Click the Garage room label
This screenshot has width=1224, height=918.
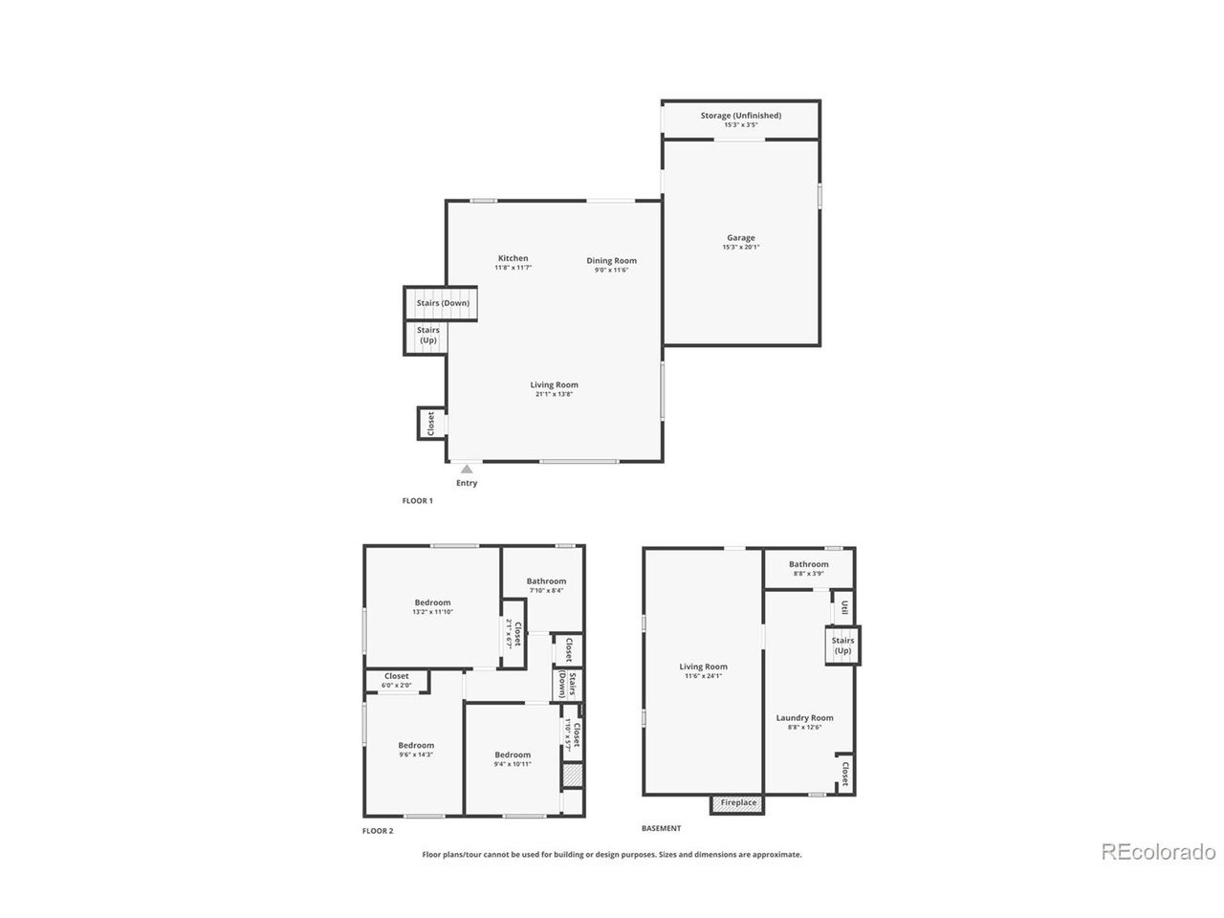(740, 238)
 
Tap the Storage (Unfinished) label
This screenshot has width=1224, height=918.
(740, 116)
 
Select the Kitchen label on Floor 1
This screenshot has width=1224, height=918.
(513, 258)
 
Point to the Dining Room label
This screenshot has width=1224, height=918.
(611, 261)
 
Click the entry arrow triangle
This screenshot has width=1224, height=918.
(467, 469)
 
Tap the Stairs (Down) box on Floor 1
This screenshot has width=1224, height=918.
(442, 303)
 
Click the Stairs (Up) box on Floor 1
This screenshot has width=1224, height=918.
(427, 335)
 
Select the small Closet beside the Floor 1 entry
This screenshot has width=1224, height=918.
(430, 424)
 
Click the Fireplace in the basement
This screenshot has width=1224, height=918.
(738, 803)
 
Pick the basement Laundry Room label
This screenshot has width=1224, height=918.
(804, 718)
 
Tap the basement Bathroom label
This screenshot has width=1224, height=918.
(809, 564)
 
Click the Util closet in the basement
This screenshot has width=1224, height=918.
(844, 608)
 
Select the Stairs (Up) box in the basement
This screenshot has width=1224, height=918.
(842, 645)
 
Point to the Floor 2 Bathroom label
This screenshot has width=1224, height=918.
(546, 581)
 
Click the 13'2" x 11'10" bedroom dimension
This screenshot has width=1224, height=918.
(432, 612)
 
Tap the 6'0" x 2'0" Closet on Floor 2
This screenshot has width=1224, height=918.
(396, 685)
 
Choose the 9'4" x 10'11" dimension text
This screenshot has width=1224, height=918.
(513, 764)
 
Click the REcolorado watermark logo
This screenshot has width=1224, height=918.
(1158, 851)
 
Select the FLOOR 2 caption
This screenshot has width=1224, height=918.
(377, 831)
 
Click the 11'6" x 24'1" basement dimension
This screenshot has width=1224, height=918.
(703, 676)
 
